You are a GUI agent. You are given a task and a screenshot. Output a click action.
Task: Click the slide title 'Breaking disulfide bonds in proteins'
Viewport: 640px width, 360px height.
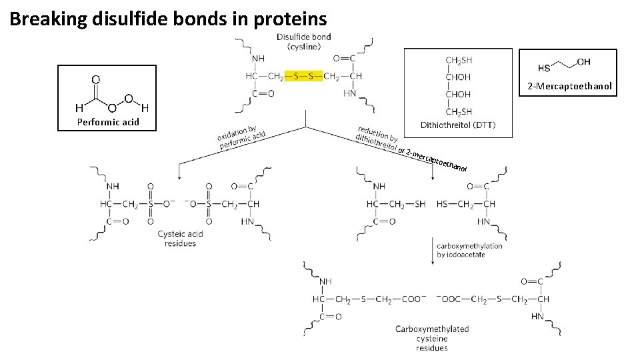coord(168,18)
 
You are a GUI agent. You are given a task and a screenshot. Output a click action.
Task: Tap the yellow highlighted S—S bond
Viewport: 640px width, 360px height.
coord(303,76)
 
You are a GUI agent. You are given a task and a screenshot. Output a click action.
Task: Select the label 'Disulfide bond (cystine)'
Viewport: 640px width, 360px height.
coord(303,41)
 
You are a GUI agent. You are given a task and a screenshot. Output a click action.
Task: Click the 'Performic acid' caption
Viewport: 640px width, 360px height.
coord(107,122)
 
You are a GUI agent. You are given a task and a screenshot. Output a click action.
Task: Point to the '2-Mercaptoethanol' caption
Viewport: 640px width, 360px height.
coord(569,87)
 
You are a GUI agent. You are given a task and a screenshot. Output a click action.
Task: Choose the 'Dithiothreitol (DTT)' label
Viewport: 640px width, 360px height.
coord(458,125)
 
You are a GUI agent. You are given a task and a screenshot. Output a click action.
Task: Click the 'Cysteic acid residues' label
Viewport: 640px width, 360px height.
coord(180,239)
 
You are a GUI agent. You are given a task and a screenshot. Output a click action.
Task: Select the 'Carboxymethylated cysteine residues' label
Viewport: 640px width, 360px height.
coord(432,338)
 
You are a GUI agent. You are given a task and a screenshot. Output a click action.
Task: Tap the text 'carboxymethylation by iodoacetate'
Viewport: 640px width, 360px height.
coord(469,250)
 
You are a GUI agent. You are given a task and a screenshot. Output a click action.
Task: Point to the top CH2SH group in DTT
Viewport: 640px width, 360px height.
coord(459,61)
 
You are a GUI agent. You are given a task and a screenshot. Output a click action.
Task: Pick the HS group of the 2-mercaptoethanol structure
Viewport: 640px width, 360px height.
coord(544,68)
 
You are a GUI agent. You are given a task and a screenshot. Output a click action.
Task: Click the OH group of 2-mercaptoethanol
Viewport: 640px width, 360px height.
coord(583,62)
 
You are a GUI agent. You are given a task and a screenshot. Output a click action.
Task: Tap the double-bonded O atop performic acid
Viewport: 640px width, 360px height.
coord(96,79)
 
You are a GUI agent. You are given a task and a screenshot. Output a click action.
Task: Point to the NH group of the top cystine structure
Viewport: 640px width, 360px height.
coord(257,59)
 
